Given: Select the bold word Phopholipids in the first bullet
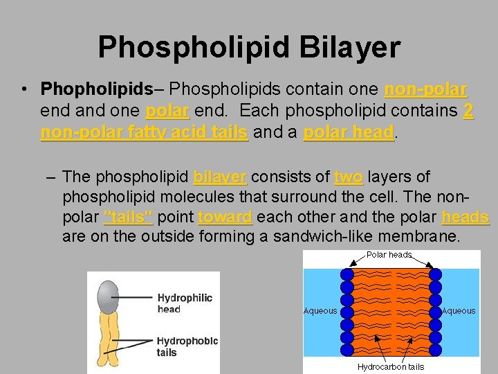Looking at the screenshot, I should (x=96, y=89).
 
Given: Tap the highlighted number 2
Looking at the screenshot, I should (x=468, y=111).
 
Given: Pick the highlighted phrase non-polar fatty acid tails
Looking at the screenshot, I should (x=144, y=132).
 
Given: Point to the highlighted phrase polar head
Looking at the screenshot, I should (x=348, y=132).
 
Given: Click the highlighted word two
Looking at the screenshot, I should (x=348, y=177).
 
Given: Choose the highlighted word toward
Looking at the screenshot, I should (x=225, y=217).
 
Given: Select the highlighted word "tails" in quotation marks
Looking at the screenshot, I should (x=128, y=217).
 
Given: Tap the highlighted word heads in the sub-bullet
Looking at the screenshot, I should (x=465, y=217).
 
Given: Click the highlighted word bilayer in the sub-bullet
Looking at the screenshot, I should (x=220, y=177).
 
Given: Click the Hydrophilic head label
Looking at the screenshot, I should (x=184, y=303).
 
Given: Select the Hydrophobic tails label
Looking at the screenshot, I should (x=187, y=346).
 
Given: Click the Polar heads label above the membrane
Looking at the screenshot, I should (x=389, y=255).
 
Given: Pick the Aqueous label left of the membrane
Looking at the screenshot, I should (x=320, y=311).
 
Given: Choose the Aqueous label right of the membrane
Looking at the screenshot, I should (x=459, y=311).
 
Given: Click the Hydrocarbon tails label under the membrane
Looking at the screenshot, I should (x=391, y=366).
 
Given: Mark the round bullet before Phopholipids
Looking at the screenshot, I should (x=24, y=90).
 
